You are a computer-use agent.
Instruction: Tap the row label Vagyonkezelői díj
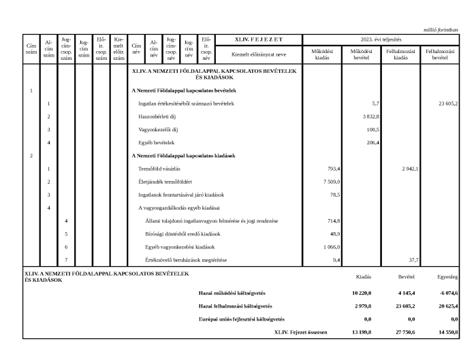tap(159, 129)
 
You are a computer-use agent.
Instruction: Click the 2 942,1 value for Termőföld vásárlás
tap(410, 168)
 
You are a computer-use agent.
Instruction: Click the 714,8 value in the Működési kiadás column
tap(334, 220)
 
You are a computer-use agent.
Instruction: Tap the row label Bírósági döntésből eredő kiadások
tap(178, 233)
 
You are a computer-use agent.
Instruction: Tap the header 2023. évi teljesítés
tap(381, 39)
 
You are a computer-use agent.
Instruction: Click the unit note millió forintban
tap(441, 29)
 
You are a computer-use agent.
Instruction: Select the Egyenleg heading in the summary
tap(447, 277)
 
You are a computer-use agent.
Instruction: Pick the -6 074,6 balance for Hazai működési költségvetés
tap(445, 293)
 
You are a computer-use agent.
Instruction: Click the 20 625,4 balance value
tap(445, 306)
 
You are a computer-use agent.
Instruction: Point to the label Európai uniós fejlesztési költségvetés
tap(242, 318)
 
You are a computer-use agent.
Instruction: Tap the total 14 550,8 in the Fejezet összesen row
tap(445, 332)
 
